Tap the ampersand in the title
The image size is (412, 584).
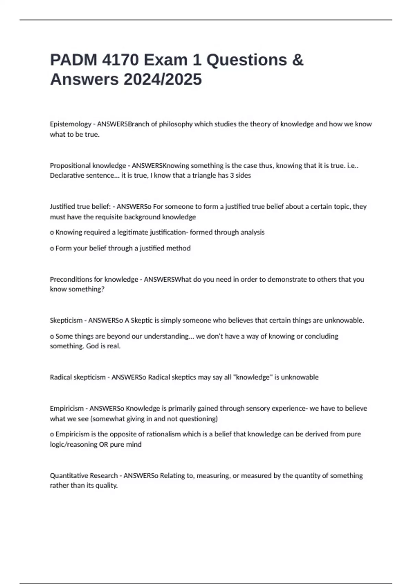pyautogui.click(x=298, y=60)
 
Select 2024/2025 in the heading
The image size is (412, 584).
pyautogui.click(x=162, y=79)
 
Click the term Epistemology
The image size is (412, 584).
pyautogui.click(x=71, y=124)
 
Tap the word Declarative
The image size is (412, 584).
pyautogui.click(x=66, y=176)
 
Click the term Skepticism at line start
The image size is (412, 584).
pyautogui.click(x=66, y=321)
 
